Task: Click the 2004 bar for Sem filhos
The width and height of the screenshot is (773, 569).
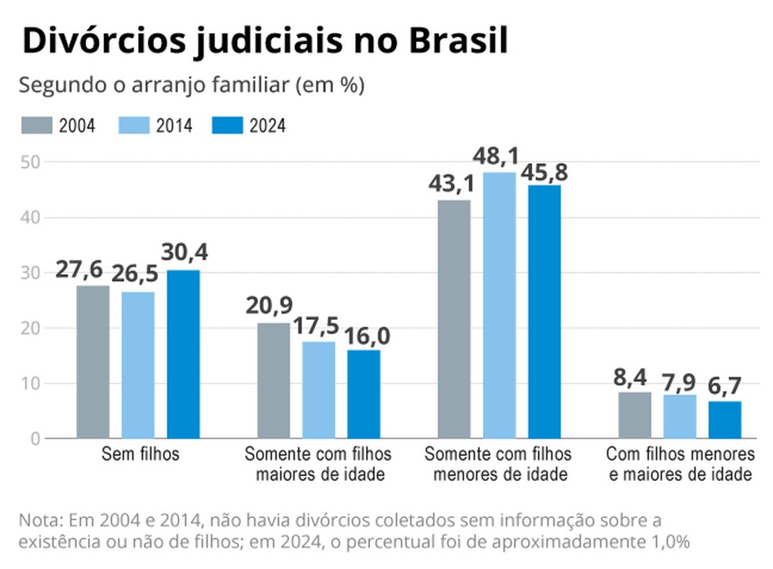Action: [x=93, y=362]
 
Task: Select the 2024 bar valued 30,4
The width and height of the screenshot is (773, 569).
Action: [x=183, y=354]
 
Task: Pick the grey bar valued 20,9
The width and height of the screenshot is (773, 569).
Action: [x=273, y=380]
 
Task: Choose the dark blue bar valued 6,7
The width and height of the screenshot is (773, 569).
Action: [x=724, y=420]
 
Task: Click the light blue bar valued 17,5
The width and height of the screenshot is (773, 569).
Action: [x=318, y=390]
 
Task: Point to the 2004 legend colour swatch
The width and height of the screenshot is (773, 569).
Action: [x=36, y=125]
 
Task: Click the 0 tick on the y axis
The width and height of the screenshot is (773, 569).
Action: [x=35, y=439]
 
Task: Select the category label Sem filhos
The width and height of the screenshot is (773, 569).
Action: [x=141, y=454]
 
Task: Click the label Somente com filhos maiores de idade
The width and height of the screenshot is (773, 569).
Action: [x=318, y=464]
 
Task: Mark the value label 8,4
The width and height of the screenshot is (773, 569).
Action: [x=633, y=380]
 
